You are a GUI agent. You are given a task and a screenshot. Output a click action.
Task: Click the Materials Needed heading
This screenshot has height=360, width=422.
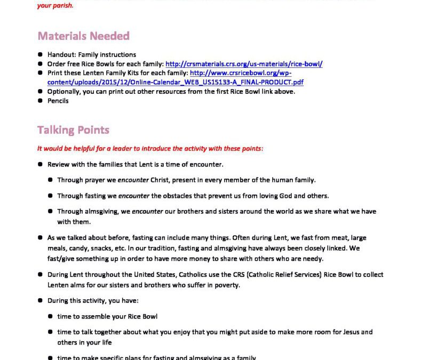pos(83,36)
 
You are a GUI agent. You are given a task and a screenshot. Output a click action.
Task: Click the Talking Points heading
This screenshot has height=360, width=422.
pos(73,130)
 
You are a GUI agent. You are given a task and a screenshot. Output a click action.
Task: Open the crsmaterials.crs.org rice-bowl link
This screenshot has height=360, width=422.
pos(244,64)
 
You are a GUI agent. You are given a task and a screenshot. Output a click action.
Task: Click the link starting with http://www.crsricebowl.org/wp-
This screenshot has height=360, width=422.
pos(241,73)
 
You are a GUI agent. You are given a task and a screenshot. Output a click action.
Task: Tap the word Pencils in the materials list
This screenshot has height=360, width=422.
pos(58,100)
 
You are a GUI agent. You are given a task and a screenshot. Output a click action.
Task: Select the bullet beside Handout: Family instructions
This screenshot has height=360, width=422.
pos(41,55)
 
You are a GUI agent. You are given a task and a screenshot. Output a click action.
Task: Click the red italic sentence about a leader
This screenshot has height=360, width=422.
pos(150,148)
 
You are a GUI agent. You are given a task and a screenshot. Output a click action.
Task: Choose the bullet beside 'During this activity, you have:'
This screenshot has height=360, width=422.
pos(41,301)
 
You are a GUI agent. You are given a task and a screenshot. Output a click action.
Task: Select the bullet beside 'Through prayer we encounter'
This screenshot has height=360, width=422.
pos(50,180)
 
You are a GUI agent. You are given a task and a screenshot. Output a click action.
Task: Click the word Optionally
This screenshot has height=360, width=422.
pos(64,91)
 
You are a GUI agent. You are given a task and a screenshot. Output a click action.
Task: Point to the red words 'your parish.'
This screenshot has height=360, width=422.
pos(55,6)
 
